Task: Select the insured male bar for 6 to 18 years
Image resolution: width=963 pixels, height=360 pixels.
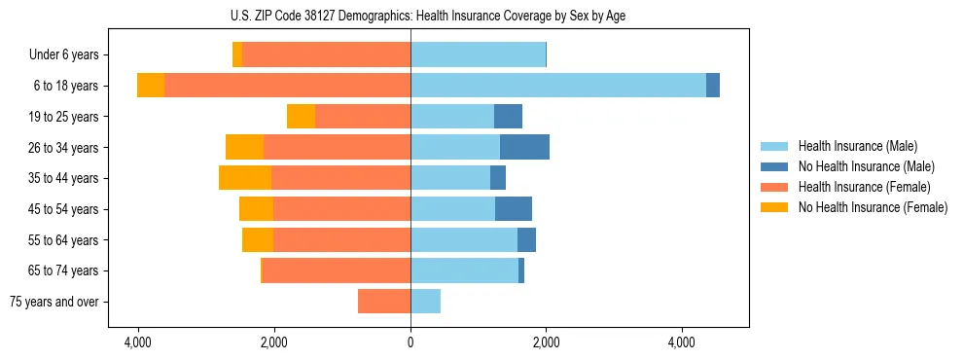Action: point(558,86)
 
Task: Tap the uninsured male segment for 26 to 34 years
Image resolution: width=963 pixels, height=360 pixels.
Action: point(524,147)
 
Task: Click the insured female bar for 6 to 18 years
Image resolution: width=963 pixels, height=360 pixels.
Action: point(287,86)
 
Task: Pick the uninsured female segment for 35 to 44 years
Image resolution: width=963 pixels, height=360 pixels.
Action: point(245,178)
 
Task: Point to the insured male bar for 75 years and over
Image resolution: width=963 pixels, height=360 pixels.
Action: point(425,302)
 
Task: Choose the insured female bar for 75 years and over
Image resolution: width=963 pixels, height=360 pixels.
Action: point(384,302)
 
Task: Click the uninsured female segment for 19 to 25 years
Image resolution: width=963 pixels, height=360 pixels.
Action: point(302,117)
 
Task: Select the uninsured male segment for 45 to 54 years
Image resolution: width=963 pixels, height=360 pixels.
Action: point(514,209)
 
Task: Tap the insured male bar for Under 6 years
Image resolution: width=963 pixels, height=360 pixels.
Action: point(478,54)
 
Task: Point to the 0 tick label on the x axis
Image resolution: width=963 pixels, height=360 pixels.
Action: point(410,342)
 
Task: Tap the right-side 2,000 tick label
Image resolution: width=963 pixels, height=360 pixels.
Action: point(546,342)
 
